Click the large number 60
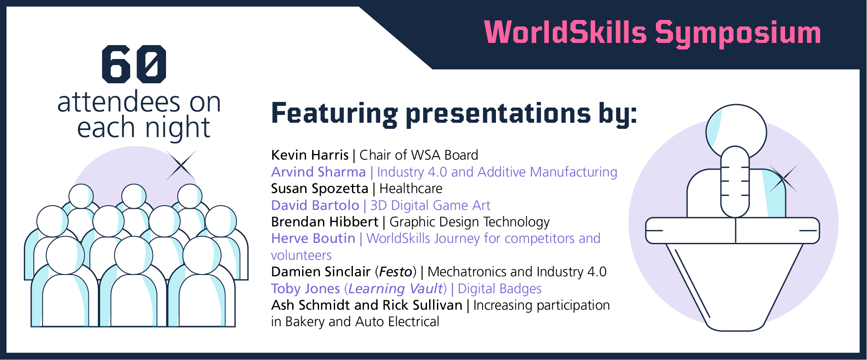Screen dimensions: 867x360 tap(134, 64)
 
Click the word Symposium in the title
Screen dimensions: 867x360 tap(738, 34)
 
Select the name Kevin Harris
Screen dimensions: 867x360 tap(310, 155)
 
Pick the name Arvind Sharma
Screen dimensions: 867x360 tap(319, 172)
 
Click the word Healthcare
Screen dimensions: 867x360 tap(411, 188)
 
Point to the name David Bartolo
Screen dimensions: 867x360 tap(315, 205)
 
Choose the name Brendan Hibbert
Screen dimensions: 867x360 tap(325, 222)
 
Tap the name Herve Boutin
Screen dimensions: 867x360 tap(313, 238)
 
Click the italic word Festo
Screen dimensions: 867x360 tap(395, 272)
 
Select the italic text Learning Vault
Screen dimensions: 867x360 tap(396, 289)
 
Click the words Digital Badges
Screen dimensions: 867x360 tap(500, 289)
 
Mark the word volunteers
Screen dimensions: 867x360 tap(301, 255)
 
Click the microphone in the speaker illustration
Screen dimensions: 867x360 tap(735, 181)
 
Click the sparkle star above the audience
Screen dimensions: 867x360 tap(181, 165)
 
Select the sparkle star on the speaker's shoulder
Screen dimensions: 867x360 tap(783, 178)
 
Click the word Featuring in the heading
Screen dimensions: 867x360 tap(334, 114)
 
